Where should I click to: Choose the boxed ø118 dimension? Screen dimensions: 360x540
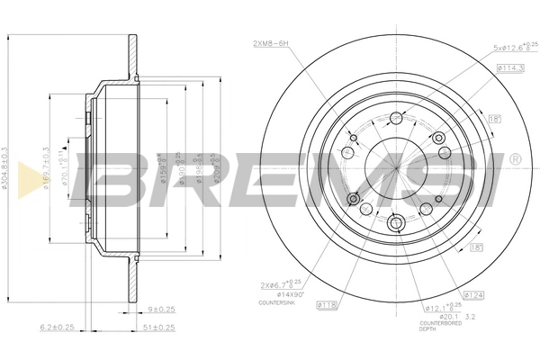click(326, 306)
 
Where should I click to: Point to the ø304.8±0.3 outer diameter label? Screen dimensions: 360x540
click(6, 171)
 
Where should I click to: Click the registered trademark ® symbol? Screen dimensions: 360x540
click(515, 159)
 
